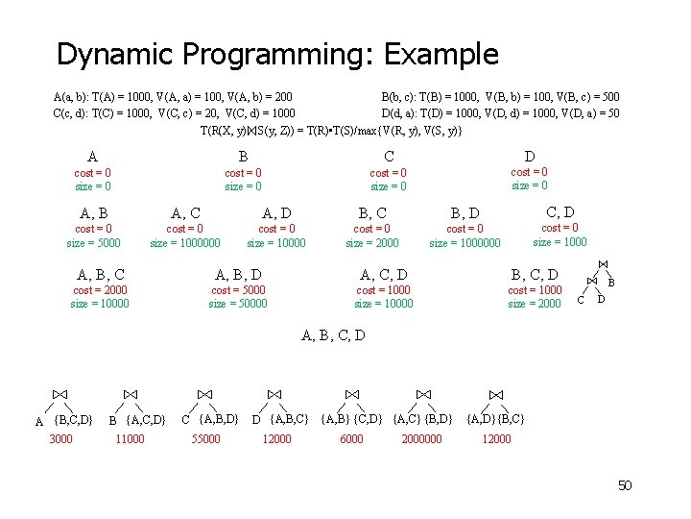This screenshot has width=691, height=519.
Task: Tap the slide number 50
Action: [624, 485]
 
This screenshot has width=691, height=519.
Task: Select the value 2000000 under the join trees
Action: [421, 439]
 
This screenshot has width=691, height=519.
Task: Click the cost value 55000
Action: [205, 439]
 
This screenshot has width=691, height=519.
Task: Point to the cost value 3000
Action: [61, 439]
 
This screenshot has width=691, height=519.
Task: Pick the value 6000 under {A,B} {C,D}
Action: [351, 439]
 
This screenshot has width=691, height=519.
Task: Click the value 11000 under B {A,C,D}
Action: [129, 439]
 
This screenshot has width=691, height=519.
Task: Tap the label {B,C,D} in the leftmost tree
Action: [73, 418]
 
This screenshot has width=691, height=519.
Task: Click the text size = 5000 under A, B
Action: [93, 243]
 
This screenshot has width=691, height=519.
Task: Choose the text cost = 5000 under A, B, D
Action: [238, 290]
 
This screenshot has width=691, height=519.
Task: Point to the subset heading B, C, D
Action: [535, 275]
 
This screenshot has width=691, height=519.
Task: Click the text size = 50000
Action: [238, 304]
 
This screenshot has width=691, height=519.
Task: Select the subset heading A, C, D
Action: [383, 275]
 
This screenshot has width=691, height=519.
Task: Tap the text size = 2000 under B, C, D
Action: [535, 304]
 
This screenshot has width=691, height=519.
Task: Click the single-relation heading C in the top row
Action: [389, 157]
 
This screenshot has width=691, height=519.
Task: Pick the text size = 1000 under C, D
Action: [560, 242]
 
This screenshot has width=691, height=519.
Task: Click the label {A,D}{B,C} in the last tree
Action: [495, 418]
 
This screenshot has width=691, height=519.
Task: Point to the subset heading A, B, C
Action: [100, 275]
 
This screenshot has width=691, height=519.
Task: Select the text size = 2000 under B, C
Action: [372, 243]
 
